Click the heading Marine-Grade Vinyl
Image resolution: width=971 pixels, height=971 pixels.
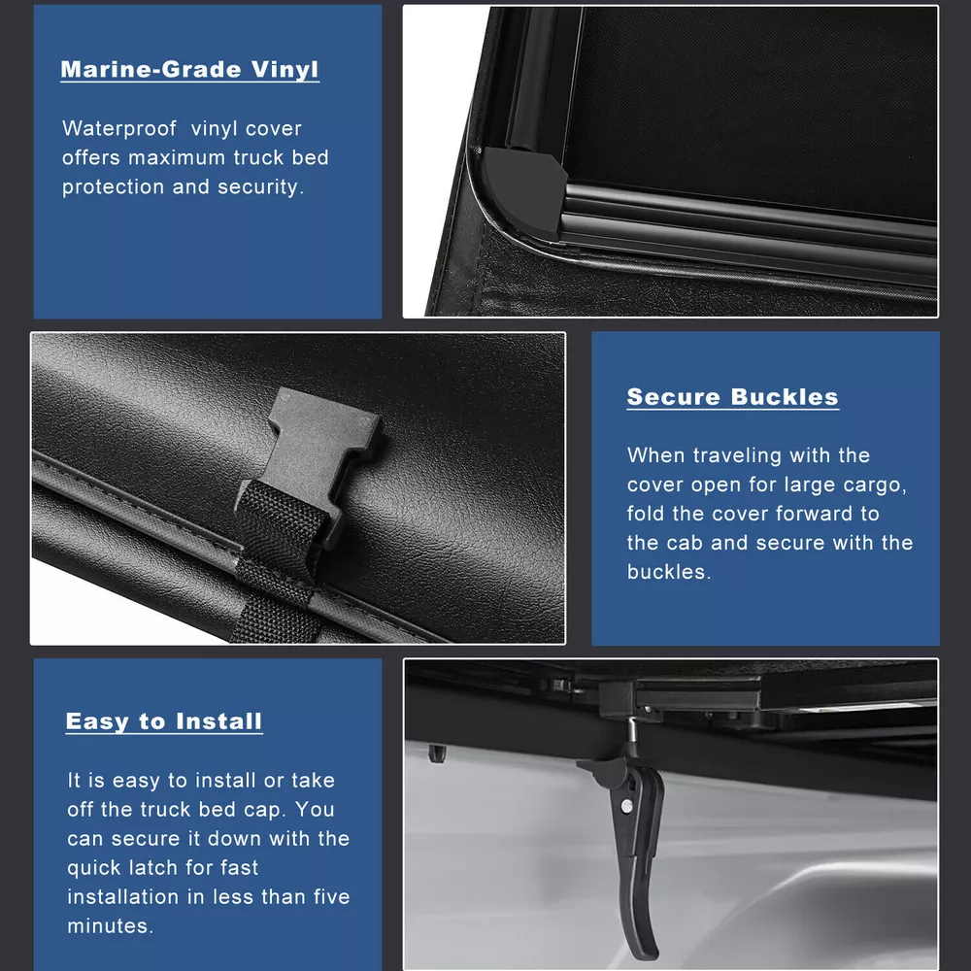point(189,69)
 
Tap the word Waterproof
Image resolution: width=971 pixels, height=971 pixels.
point(118,129)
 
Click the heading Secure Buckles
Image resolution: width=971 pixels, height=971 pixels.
point(732,396)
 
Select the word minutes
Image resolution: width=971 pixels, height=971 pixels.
point(111,925)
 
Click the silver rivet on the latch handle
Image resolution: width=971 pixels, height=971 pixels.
point(626,806)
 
